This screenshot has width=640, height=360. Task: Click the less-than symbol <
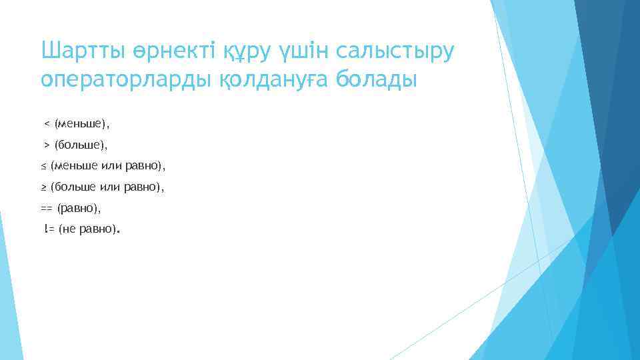click(x=47, y=123)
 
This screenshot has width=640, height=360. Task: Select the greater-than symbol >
click(x=47, y=144)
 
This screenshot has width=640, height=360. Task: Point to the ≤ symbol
click(x=43, y=165)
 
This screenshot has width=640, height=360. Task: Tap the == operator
click(x=47, y=209)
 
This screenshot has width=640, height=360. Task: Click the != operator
click(x=49, y=230)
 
